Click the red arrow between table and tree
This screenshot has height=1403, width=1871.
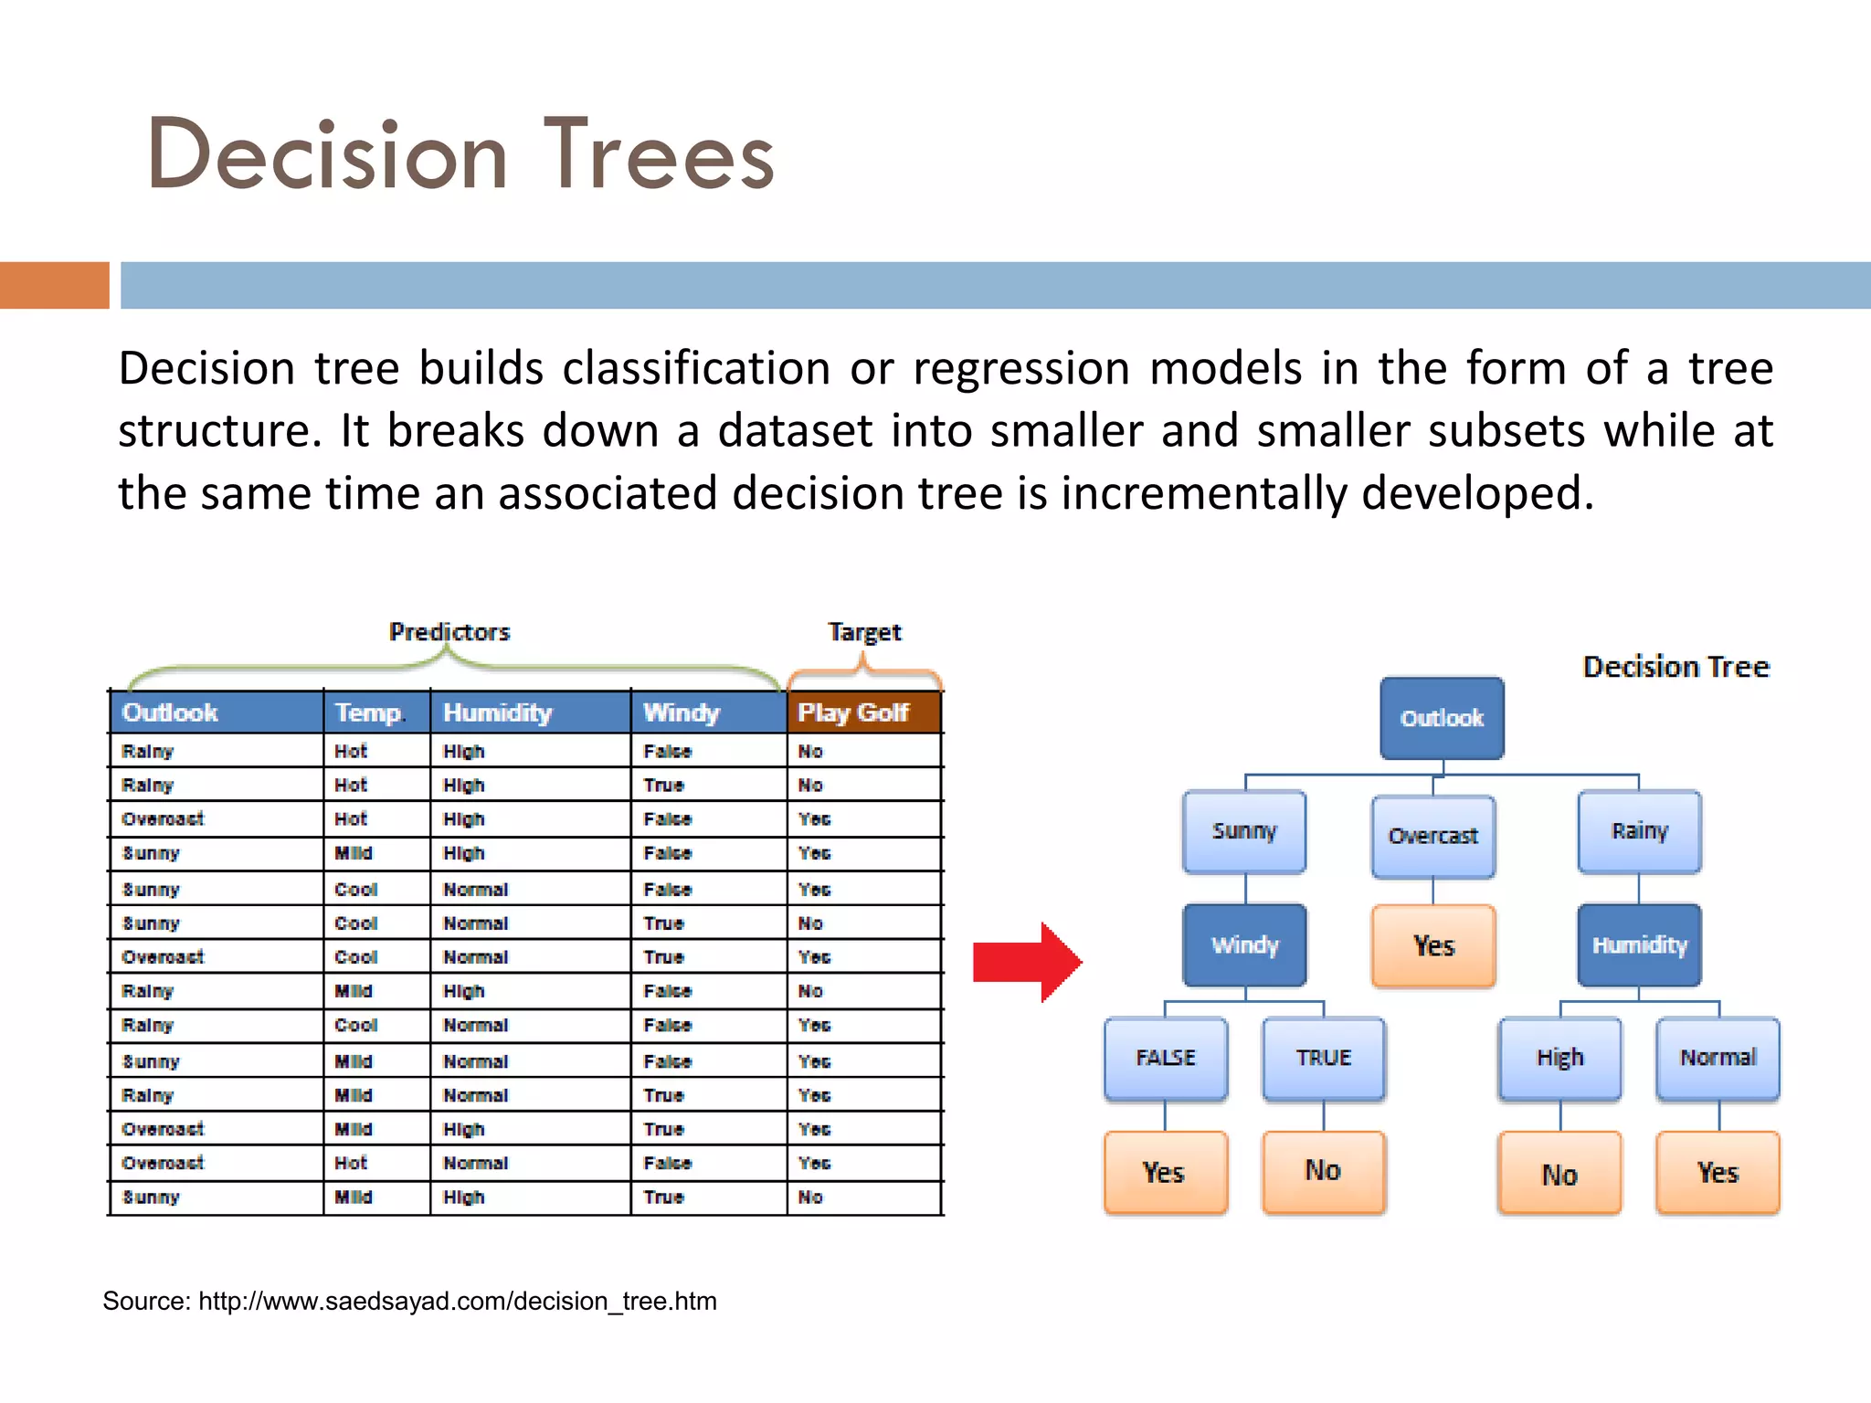(1025, 962)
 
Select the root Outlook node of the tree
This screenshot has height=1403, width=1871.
(1442, 718)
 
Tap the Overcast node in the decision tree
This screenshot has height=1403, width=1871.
(1432, 836)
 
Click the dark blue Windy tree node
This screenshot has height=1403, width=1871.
(1244, 944)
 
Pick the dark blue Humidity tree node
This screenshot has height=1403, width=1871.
(1639, 944)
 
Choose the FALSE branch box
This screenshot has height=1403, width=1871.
(1166, 1058)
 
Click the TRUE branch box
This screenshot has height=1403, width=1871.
(1324, 1058)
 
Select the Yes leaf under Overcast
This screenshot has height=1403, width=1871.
(1432, 946)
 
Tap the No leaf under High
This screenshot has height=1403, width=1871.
(1559, 1174)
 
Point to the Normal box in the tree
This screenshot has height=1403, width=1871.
(1718, 1058)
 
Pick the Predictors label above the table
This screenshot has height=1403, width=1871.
(449, 632)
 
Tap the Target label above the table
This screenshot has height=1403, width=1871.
(864, 632)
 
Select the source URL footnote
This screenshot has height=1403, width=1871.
(409, 1301)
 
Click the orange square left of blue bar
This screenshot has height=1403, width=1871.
(55, 285)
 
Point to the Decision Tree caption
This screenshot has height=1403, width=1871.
(1675, 667)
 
